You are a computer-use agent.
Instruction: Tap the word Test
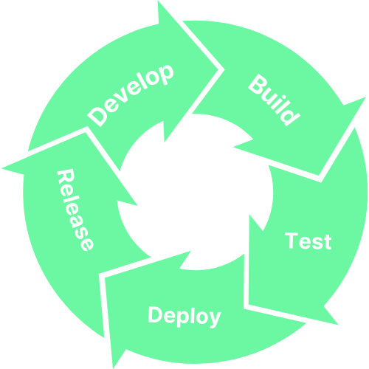308,241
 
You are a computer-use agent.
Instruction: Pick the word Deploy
184,316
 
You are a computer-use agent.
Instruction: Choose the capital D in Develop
97,117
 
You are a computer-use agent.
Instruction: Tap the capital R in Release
65,178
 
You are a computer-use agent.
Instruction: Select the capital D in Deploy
156,315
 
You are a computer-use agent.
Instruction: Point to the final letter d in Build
290,115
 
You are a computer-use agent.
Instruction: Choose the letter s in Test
315,243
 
